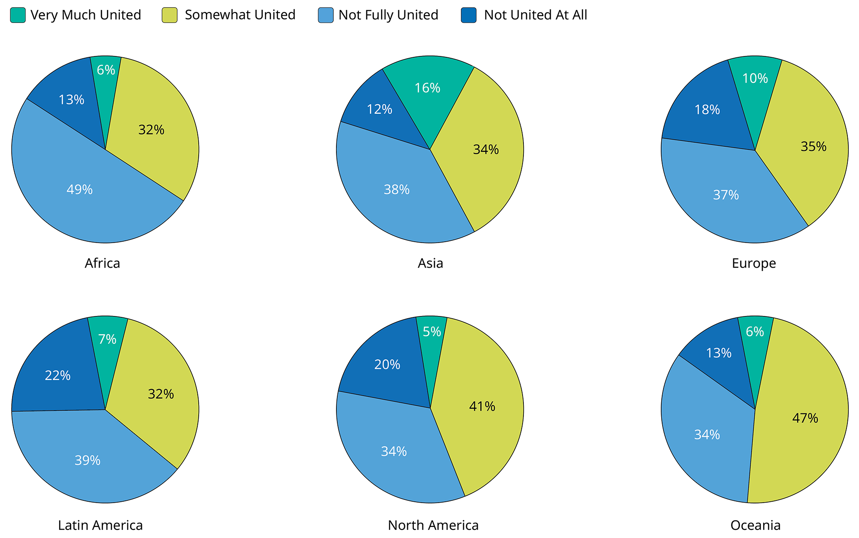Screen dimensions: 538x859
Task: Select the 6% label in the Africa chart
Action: [106, 70]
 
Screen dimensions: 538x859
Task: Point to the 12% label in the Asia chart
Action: [379, 109]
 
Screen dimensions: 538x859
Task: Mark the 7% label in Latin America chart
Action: [107, 339]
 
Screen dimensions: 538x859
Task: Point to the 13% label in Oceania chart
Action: [719, 353]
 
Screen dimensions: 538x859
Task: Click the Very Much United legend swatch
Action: [18, 15]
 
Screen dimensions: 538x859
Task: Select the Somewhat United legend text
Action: [240, 15]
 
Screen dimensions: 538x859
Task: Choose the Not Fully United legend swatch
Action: [326, 15]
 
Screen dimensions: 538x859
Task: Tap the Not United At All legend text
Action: [536, 15]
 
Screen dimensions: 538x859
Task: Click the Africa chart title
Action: [102, 263]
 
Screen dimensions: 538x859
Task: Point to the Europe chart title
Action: [754, 263]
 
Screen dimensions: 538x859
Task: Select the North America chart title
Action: [433, 525]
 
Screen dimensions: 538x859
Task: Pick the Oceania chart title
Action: [755, 525]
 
